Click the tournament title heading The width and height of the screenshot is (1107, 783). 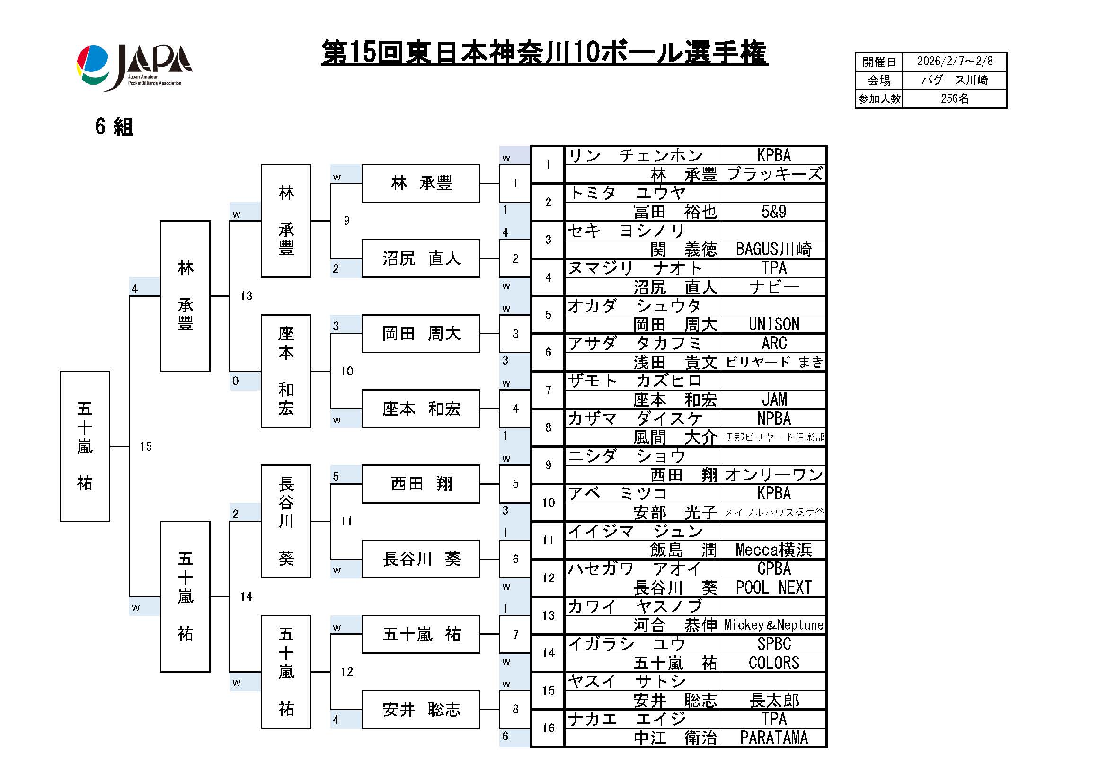544,53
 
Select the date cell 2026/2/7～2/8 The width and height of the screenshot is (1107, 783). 954,62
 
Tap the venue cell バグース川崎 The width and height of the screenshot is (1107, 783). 954,80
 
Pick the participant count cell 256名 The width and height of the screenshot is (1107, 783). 954,99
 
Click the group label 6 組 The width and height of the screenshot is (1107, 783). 114,127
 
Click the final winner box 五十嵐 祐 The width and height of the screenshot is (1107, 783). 85,446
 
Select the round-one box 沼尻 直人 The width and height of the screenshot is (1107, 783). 420,258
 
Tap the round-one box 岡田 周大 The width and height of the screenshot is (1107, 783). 420,334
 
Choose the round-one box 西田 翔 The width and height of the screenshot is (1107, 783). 420,484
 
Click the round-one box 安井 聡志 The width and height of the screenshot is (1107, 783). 420,709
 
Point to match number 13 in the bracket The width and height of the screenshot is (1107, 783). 247,296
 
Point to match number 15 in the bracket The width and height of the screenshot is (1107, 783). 146,446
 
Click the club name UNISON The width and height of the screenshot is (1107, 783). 773,324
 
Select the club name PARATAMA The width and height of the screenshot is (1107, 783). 773,738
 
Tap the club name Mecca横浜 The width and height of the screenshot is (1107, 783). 773,550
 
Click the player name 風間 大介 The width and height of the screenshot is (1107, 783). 674,437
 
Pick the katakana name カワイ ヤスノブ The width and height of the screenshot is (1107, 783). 635,606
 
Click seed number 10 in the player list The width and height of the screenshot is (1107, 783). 548,502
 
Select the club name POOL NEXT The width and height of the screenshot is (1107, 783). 773,587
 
